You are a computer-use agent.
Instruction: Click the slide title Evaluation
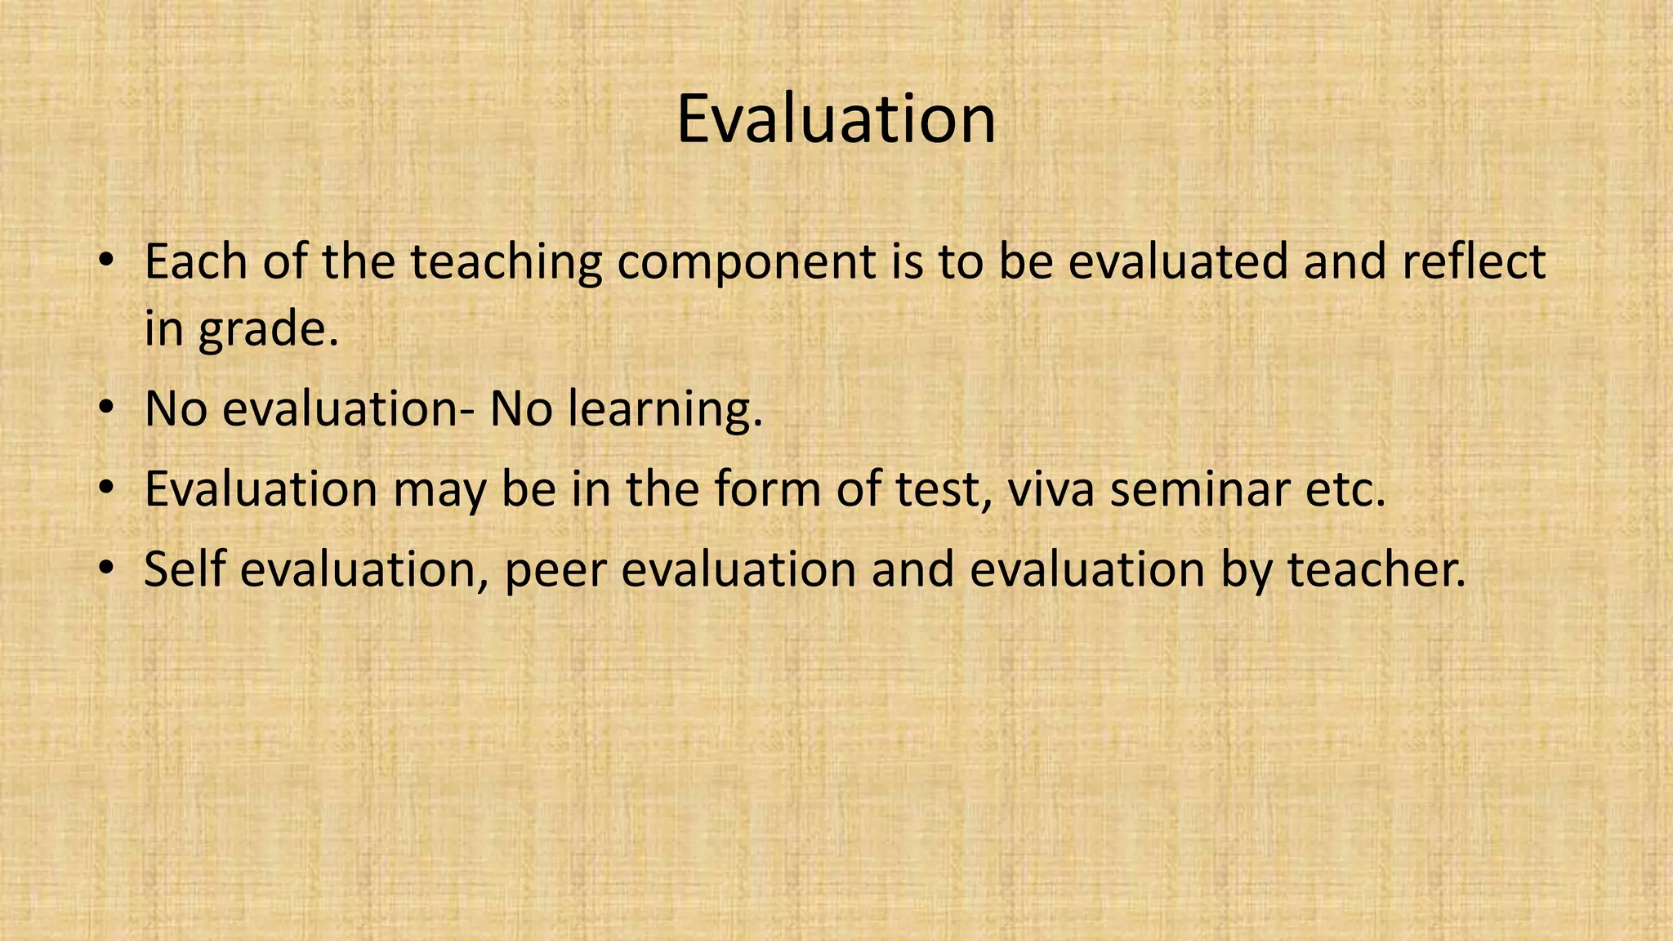pos(836,120)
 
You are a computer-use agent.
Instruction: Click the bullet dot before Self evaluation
pos(106,567)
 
